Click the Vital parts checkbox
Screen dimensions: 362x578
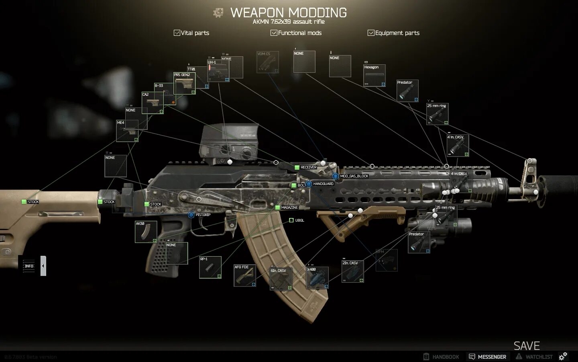[177, 33]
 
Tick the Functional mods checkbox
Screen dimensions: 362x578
[274, 33]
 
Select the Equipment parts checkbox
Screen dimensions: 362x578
[371, 33]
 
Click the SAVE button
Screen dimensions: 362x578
[527, 346]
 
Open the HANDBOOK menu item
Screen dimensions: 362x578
[442, 357]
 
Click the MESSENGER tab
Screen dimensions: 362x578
[488, 357]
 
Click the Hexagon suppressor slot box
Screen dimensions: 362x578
[374, 76]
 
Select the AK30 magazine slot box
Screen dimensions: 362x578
[146, 232]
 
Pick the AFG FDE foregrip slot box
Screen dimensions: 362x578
[245, 276]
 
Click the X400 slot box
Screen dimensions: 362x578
[317, 278]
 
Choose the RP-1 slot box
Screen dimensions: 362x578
[210, 267]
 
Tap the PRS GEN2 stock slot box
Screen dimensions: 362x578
[185, 83]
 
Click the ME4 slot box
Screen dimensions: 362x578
[127, 131]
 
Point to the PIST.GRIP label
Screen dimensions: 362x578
[203, 215]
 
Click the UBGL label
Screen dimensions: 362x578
[299, 220]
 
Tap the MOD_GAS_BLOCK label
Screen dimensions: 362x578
[354, 176]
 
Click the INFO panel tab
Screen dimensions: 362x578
[29, 266]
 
